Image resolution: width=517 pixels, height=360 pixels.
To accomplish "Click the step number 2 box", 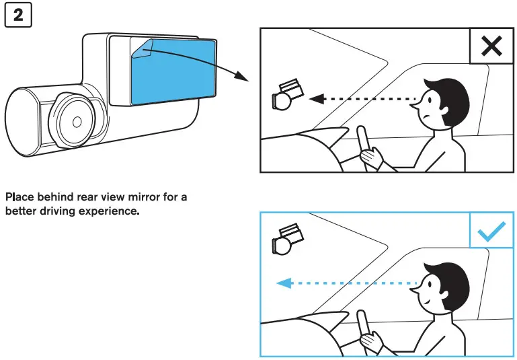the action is click(x=18, y=15).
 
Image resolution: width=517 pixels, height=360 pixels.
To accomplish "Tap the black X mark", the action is click(x=491, y=46).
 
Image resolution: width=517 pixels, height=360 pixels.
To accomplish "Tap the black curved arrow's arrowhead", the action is click(x=241, y=76).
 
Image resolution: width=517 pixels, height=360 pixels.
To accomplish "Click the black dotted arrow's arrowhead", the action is click(x=317, y=99).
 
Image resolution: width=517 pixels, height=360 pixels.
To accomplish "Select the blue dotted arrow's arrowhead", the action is click(x=284, y=283).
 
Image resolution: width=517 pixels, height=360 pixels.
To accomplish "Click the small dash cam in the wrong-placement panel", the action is click(x=286, y=95).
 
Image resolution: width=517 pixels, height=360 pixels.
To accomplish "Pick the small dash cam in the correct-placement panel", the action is click(x=286, y=240).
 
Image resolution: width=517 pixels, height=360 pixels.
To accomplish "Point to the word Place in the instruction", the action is click(x=19, y=197).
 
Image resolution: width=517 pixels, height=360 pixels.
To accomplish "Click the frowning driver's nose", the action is click(x=413, y=104).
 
